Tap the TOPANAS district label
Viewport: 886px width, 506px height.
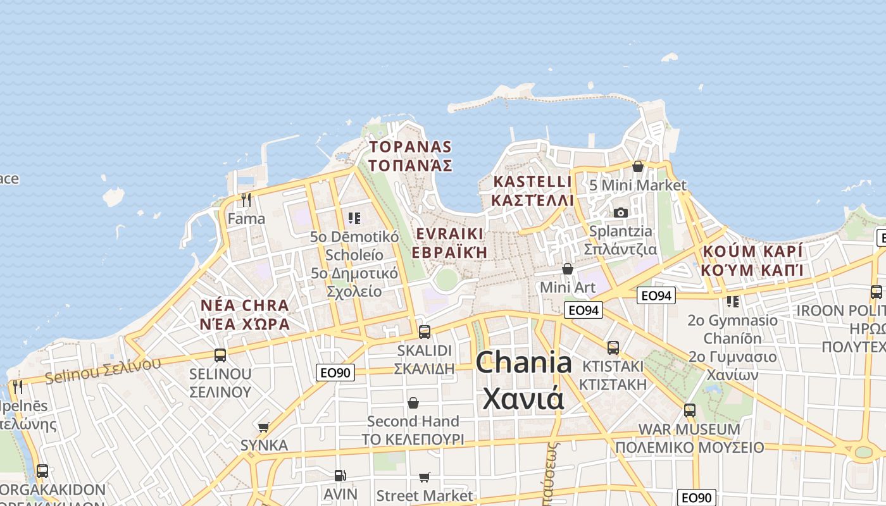[411, 156]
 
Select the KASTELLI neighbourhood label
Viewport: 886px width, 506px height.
[533, 191]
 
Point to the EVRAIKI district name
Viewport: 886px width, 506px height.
[450, 243]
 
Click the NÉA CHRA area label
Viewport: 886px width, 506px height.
[245, 315]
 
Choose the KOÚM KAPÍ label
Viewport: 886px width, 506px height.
[752, 261]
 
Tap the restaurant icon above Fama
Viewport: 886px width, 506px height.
[246, 200]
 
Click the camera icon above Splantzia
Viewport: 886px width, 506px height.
[620, 213]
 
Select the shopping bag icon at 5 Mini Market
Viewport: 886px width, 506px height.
[638, 166]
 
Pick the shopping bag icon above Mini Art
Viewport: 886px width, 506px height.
[568, 269]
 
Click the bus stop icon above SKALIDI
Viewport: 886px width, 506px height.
[425, 331]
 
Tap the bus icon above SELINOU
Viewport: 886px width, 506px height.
[220, 355]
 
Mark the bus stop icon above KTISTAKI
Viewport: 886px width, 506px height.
[613, 347]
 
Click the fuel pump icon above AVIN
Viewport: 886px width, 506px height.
[340, 475]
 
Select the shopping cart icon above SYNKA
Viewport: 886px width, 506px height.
[264, 427]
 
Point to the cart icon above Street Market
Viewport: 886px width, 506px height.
[424, 477]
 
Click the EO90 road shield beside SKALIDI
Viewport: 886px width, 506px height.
[335, 373]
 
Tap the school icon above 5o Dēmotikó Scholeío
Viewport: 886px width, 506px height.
[354, 218]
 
